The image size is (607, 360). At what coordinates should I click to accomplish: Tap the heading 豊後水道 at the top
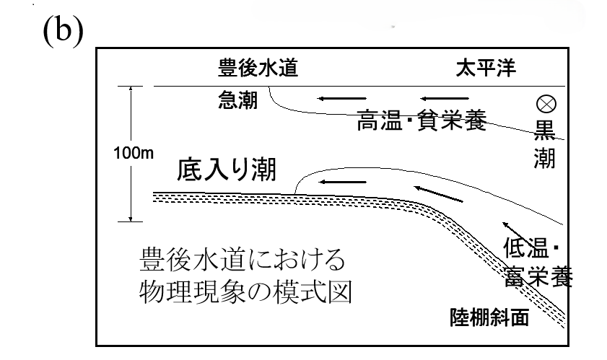pyautogui.click(x=258, y=69)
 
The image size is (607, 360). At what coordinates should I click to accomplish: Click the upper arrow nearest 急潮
pyautogui.click(x=342, y=98)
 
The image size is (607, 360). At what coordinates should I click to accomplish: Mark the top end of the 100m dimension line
pyautogui.click(x=131, y=87)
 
